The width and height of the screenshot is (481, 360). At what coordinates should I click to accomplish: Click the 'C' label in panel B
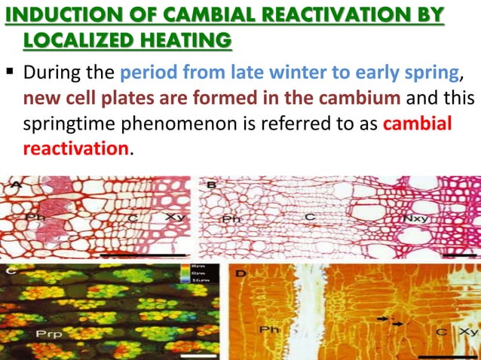click(309, 219)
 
